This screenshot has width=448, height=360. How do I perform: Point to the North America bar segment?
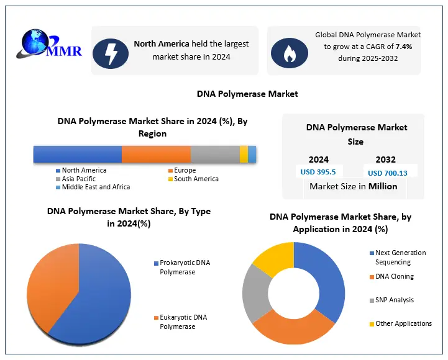(x=77, y=154)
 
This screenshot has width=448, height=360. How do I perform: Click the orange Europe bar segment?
(x=156, y=154)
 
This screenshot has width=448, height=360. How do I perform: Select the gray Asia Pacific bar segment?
(x=215, y=154)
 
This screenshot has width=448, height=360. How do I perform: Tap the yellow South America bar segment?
(x=244, y=154)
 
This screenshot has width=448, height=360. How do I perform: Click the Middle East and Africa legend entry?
(x=95, y=187)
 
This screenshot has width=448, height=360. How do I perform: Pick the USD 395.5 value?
(x=318, y=173)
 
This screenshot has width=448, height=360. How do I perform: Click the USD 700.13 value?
(x=387, y=173)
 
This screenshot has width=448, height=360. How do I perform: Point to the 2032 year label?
(x=385, y=160)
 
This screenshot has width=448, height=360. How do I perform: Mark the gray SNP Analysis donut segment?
(x=252, y=292)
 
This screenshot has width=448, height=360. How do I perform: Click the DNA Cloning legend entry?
(x=394, y=276)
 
